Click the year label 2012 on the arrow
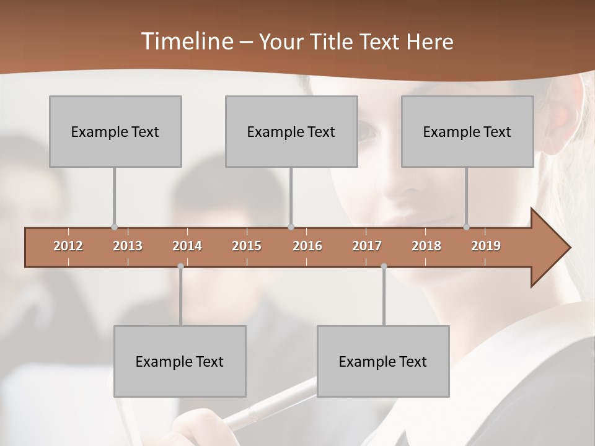coord(68,246)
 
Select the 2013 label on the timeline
coord(128,246)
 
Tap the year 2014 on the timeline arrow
coord(187,246)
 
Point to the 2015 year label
coord(247,246)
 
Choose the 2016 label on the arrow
coord(307,246)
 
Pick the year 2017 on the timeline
coord(367,246)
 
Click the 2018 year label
coord(426,246)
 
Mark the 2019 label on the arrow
coord(486,246)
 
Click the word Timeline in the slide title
coord(186,42)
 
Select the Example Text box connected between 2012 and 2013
coord(115,131)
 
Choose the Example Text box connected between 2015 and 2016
coord(291,131)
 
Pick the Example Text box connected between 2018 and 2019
coord(467,131)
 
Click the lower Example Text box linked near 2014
coord(180,361)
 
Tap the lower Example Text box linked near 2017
coord(383,361)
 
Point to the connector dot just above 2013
coord(114,227)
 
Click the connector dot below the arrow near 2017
coord(384,266)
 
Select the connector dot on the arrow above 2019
coord(467,227)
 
